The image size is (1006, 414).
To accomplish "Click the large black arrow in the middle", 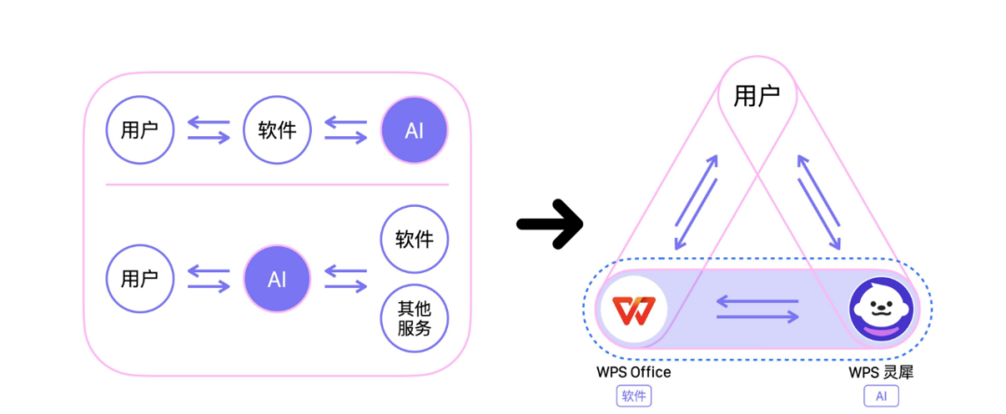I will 550,224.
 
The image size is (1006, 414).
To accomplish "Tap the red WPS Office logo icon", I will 633,309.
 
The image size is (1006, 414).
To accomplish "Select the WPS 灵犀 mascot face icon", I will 880,309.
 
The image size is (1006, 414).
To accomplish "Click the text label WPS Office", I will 633,373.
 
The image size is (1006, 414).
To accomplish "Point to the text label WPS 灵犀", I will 880,373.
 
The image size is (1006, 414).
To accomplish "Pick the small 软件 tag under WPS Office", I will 633,396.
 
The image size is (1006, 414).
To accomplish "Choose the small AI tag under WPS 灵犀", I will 880,396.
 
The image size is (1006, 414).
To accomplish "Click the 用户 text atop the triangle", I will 756,95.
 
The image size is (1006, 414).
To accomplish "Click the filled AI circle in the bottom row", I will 277,279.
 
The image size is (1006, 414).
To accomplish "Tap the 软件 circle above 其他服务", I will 415,240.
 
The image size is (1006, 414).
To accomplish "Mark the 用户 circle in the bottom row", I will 140,279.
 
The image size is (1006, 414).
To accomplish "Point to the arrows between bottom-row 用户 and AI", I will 208,279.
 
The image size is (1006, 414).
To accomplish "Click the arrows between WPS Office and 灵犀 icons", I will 757,309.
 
